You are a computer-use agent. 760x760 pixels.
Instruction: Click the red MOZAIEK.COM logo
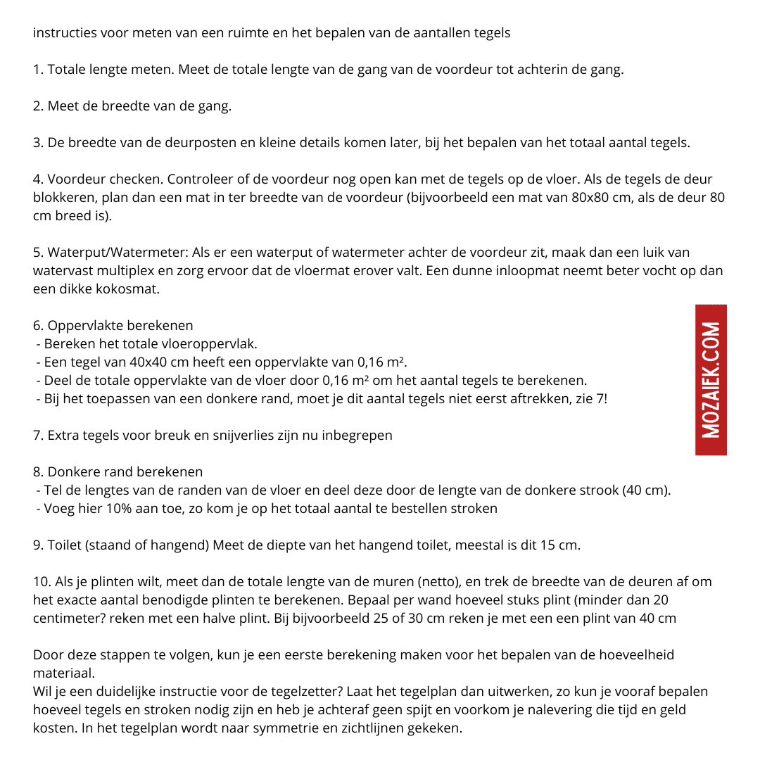coord(711,380)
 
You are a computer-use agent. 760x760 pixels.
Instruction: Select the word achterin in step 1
coord(550,70)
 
